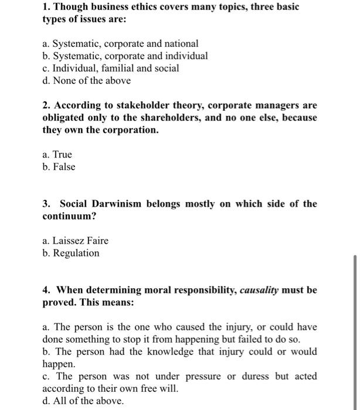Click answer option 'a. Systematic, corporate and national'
120,43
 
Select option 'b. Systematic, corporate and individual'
125,56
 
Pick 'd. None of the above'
87,80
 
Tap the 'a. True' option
57,154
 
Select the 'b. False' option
59,166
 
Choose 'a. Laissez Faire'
76,240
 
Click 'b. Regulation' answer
71,252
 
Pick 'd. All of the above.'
83,401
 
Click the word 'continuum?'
68,216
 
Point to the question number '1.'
47,6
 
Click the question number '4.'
46,290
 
